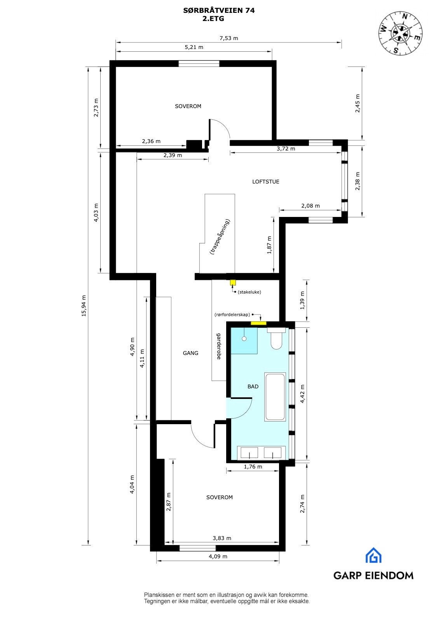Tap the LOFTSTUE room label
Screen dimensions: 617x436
pyautogui.click(x=265, y=182)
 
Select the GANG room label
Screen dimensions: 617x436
pyautogui.click(x=190, y=353)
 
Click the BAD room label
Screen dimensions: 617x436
pyautogui.click(x=253, y=386)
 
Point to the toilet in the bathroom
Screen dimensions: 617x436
pyautogui.click(x=276, y=339)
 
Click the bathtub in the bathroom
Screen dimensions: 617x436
pyautogui.click(x=275, y=397)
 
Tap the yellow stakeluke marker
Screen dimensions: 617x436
pyautogui.click(x=233, y=283)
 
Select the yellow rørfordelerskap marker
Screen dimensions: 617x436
pyautogui.click(x=258, y=322)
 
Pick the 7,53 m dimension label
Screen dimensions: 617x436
pyautogui.click(x=228, y=38)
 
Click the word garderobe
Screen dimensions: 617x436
pyautogui.click(x=219, y=346)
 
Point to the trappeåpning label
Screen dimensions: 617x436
pyautogui.click(x=220, y=237)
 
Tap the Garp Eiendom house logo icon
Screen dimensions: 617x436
pyautogui.click(x=373, y=555)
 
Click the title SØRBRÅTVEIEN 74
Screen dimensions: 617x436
pyautogui.click(x=219, y=11)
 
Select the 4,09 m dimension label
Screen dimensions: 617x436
pyautogui.click(x=218, y=556)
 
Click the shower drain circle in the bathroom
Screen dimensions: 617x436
pyautogui.click(x=244, y=339)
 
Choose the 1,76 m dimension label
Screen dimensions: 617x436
pyautogui.click(x=253, y=467)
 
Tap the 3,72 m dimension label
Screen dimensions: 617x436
pyautogui.click(x=286, y=149)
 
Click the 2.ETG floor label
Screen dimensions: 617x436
pyautogui.click(x=213, y=18)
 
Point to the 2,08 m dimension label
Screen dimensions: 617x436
pyautogui.click(x=310, y=206)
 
